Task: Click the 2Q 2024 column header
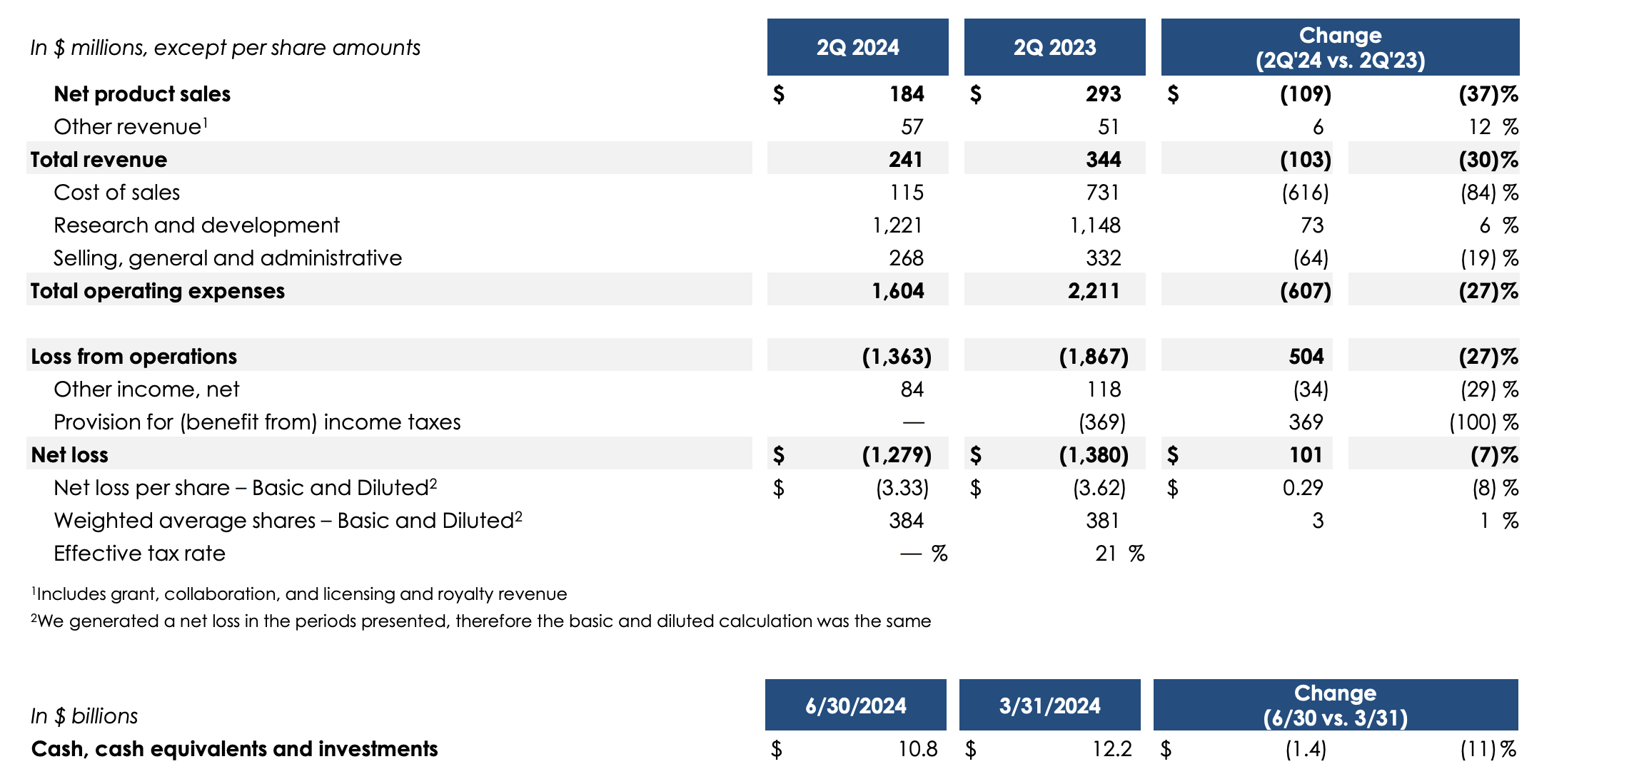857,47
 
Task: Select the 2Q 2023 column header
1054,47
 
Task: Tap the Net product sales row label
142,94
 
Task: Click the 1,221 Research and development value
897,225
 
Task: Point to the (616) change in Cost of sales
1305,193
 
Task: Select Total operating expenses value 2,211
1094,291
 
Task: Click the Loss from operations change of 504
1306,357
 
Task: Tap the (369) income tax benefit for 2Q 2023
1101,422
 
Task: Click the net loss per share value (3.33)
902,488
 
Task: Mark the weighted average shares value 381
1103,521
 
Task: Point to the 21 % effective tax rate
1119,554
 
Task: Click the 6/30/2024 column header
855,706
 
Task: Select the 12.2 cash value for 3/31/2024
1111,749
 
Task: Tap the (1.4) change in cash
1306,749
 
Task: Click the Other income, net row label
146,389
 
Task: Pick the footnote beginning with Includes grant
300,594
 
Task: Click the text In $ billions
84,716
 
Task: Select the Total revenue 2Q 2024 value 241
905,160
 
